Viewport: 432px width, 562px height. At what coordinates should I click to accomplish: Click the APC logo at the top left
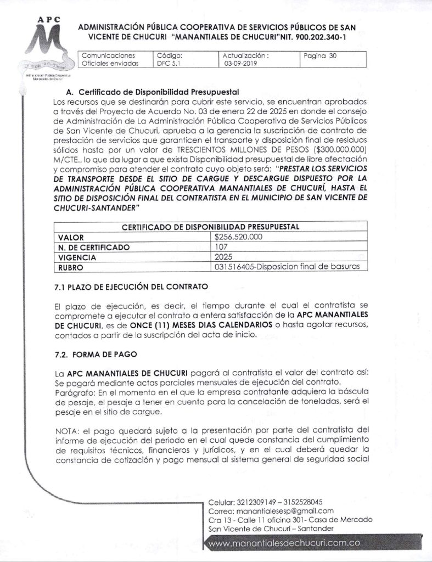pyautogui.click(x=48, y=47)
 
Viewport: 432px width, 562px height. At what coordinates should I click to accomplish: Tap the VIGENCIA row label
pyautogui.click(x=77, y=257)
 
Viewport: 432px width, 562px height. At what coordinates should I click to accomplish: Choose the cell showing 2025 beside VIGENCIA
pyautogui.click(x=224, y=257)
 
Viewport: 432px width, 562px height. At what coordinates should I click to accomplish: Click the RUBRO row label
pyautogui.click(x=71, y=267)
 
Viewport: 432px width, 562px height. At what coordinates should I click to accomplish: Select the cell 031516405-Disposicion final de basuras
pyautogui.click(x=288, y=267)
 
